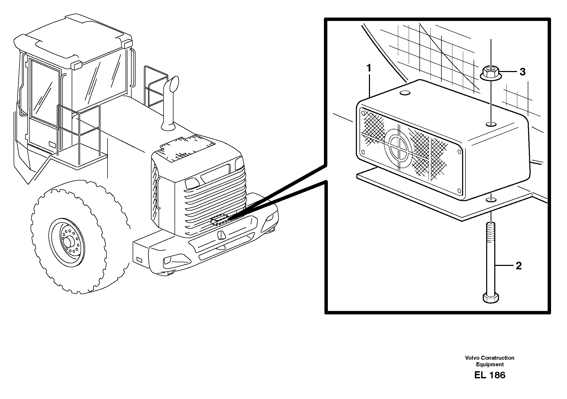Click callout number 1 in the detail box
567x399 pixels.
(x=369, y=69)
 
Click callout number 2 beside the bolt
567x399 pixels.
(x=518, y=266)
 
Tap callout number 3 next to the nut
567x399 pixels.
(x=522, y=72)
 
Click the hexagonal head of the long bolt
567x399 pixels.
(x=491, y=298)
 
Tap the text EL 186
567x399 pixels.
(x=490, y=375)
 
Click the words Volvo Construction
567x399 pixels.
(x=490, y=358)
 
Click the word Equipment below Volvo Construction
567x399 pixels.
(x=490, y=364)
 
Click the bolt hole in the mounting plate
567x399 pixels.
(x=491, y=200)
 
